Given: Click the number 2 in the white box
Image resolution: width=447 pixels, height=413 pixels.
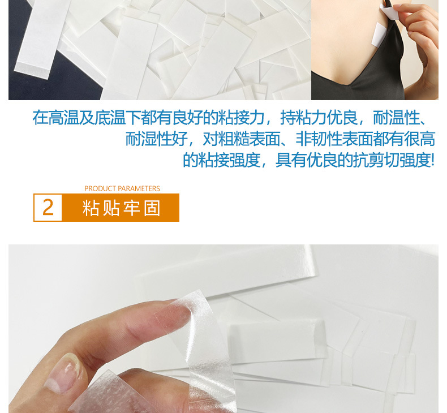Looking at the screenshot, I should pyautogui.click(x=48, y=208).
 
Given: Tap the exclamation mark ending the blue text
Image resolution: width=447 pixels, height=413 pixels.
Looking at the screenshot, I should pyautogui.click(x=433, y=160).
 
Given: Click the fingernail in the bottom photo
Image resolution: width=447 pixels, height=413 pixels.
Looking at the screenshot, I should pyautogui.click(x=62, y=373).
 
